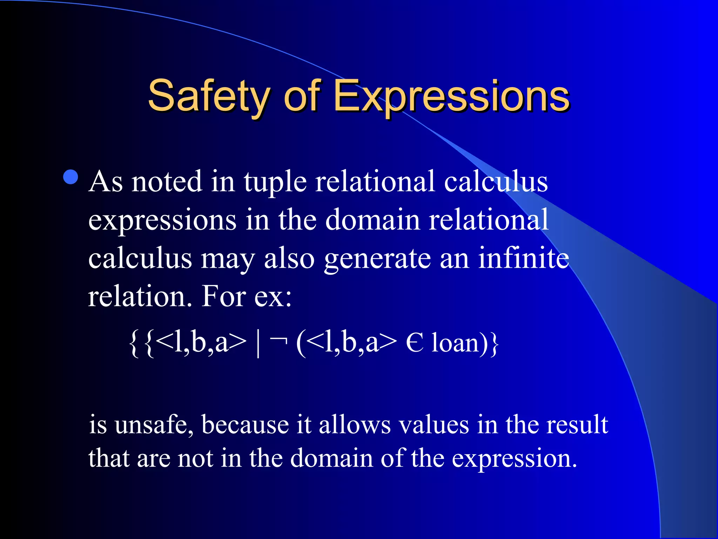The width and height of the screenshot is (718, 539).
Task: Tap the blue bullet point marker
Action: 71,177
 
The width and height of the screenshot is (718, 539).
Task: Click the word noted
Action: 167,182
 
